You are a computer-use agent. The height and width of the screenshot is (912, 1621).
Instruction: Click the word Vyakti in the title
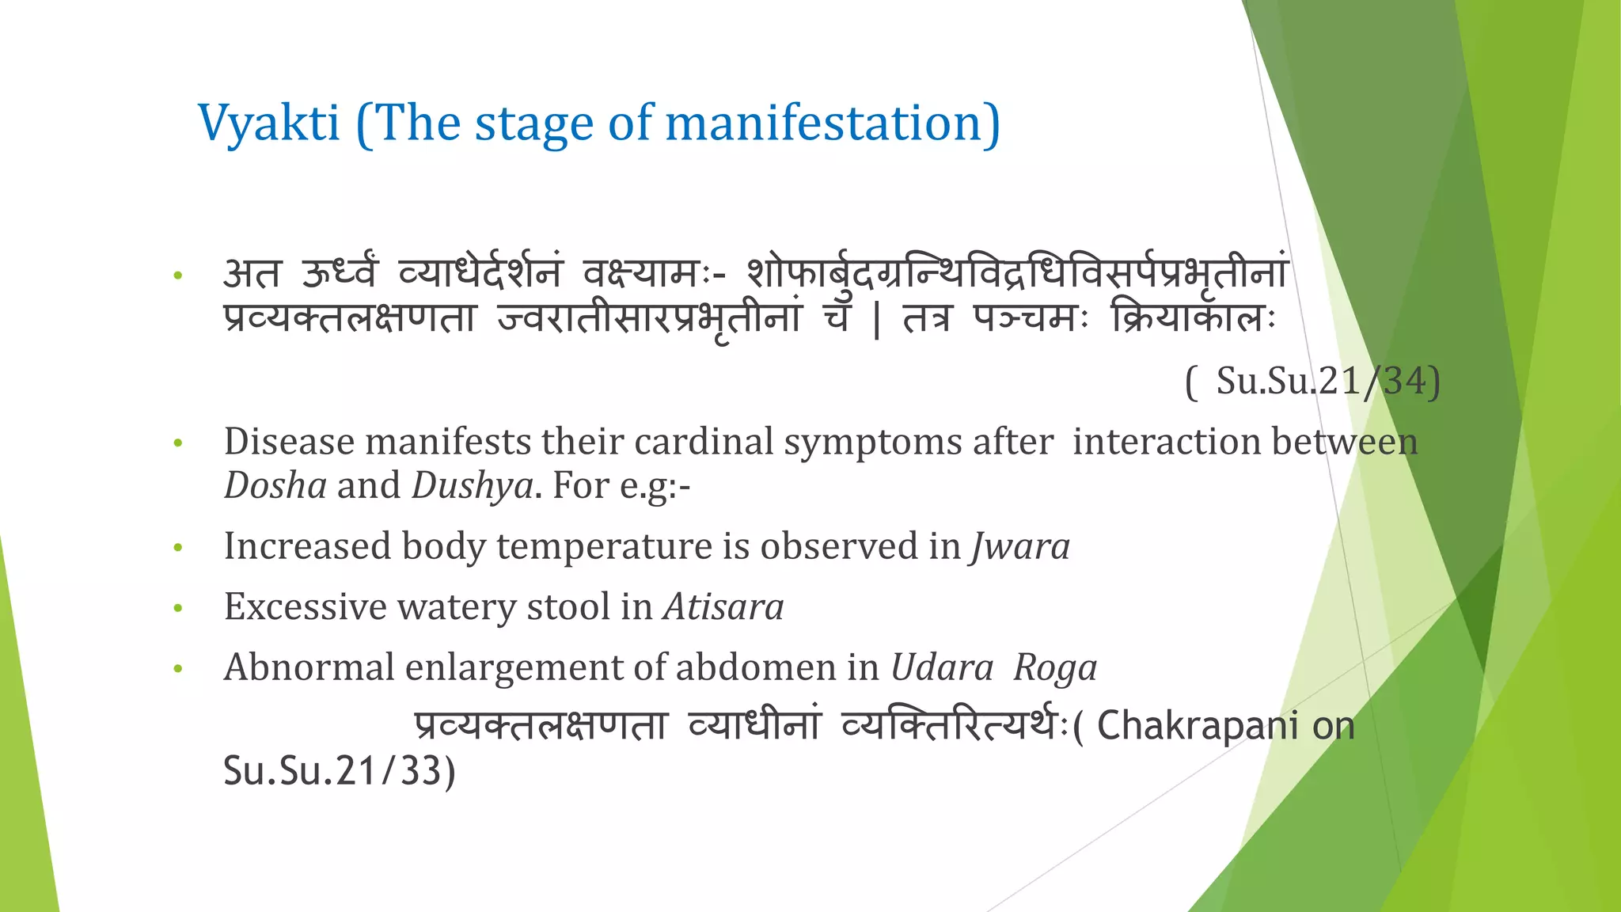[x=268, y=124]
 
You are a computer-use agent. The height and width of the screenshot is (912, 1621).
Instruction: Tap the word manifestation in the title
[x=832, y=124]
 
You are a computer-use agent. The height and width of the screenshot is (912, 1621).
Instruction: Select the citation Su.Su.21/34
[x=1327, y=381]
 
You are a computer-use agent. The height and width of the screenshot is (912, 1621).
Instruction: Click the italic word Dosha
[x=275, y=485]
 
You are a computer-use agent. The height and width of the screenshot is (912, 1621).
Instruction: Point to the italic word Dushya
[x=473, y=485]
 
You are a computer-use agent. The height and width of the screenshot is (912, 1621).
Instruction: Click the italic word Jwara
[x=1020, y=546]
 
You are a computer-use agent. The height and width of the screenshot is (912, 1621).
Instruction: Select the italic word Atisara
[x=723, y=607]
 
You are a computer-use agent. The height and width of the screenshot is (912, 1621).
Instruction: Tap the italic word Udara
[x=941, y=667]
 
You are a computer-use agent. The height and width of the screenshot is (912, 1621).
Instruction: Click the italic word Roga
[x=1055, y=667]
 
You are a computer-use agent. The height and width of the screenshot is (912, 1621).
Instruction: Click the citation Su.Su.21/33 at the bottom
[x=339, y=771]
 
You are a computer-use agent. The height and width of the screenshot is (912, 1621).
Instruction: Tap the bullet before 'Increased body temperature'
[x=178, y=548]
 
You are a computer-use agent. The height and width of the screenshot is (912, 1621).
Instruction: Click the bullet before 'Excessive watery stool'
[x=178, y=609]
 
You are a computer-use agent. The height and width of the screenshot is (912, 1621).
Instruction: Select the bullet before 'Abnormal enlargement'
[x=178, y=670]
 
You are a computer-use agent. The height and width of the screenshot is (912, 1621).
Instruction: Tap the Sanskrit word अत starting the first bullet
[x=252, y=275]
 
